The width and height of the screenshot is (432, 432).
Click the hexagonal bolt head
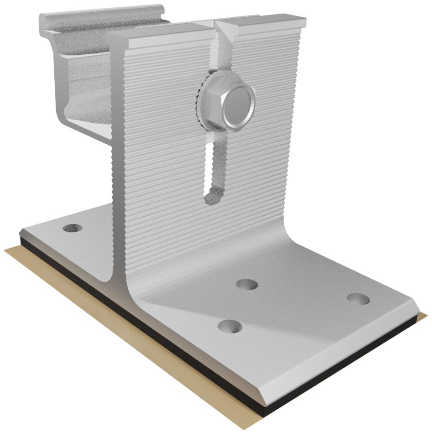(238, 106)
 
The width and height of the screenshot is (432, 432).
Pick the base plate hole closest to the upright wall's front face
(247, 285)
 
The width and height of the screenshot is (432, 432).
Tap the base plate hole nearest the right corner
(358, 299)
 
